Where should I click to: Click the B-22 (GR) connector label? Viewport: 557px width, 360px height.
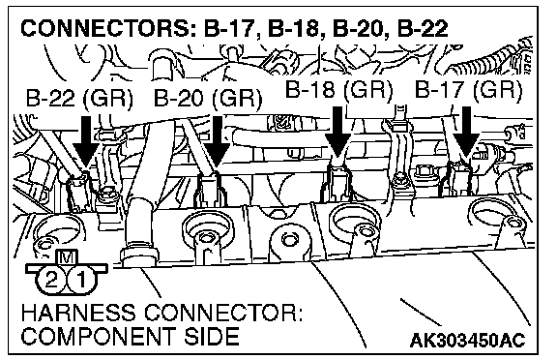79,98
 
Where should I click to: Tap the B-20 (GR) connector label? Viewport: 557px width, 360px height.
208,98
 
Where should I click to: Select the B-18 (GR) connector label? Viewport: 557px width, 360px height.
339,89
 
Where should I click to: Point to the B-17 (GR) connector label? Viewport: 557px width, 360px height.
468,89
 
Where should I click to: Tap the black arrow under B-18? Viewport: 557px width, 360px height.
337,133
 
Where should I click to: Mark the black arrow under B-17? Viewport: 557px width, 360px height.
466,133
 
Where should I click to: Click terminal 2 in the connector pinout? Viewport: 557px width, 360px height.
51,281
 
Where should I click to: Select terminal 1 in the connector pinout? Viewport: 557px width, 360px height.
81,281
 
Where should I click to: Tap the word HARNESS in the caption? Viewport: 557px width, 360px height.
78,314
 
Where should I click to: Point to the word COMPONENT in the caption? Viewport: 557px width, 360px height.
99,336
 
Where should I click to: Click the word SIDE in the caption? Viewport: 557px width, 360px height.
211,336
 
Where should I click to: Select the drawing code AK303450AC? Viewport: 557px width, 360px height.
467,340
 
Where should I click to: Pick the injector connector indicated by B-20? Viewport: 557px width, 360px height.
210,189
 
